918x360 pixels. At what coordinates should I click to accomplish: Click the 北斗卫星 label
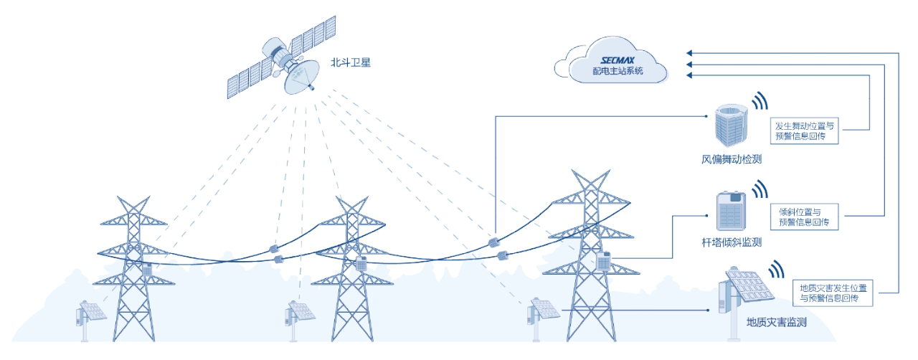tap(351, 62)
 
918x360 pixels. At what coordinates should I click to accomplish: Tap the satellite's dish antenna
tap(302, 77)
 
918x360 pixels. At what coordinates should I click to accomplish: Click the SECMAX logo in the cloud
tap(617, 61)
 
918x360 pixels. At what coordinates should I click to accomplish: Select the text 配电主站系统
tap(617, 71)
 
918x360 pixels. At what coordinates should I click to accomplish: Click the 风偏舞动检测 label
tap(732, 159)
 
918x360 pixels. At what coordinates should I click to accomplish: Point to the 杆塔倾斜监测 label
tap(732, 242)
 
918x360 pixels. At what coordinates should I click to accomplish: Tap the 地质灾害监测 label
tap(777, 322)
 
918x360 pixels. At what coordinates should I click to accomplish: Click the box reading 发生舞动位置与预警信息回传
tap(805, 131)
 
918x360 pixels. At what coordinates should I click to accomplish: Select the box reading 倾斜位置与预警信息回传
tap(805, 217)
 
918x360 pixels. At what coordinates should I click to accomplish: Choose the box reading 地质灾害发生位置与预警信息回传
tap(833, 293)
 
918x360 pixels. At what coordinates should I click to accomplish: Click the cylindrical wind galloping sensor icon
tap(732, 125)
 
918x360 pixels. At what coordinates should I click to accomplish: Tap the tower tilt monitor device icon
tap(731, 212)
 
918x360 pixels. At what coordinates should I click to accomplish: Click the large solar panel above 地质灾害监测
tap(750, 285)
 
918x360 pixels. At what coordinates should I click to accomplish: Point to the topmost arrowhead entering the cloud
tap(689, 53)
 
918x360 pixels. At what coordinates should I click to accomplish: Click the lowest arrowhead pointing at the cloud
tap(689, 75)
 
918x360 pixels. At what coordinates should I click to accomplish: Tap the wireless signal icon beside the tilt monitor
tap(760, 189)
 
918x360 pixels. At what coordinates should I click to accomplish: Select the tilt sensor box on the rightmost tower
tap(604, 261)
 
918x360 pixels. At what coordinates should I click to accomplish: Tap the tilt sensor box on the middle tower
tap(361, 263)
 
